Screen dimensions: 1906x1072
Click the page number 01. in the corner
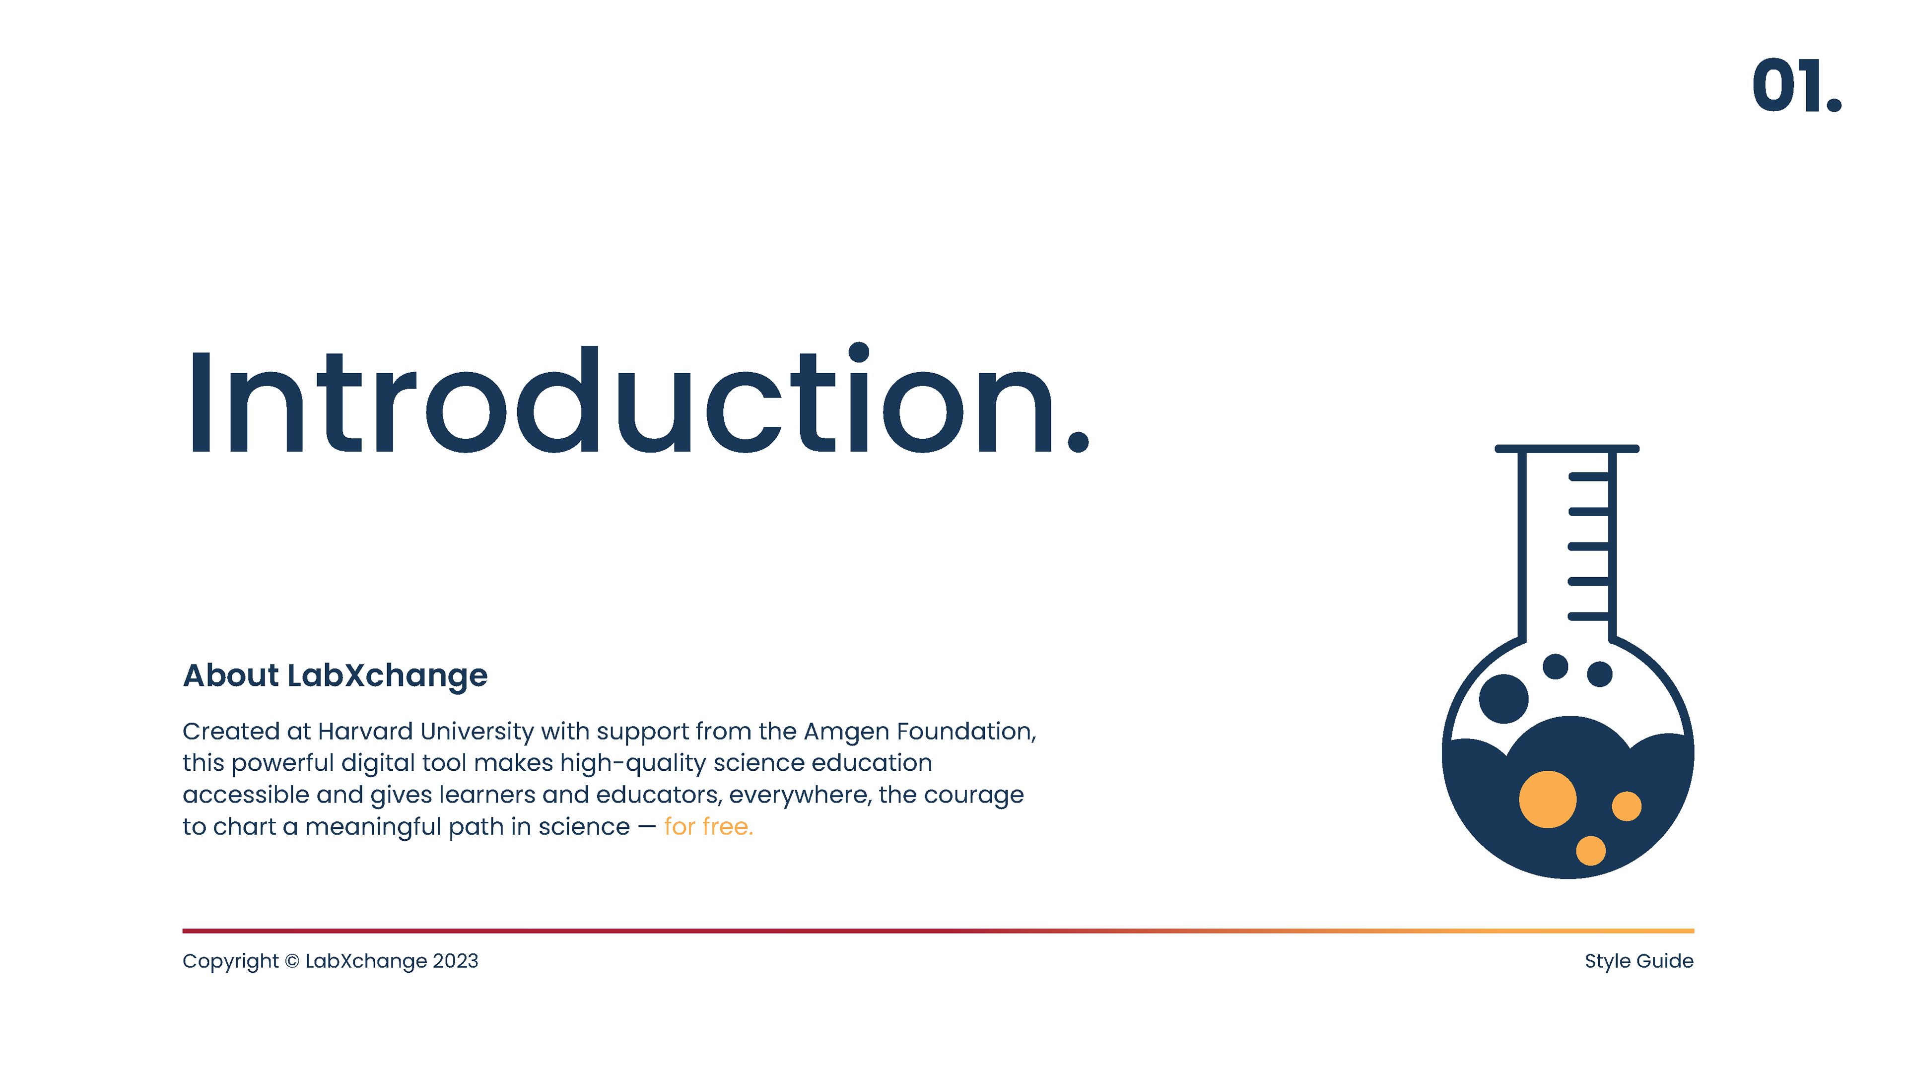tap(1796, 86)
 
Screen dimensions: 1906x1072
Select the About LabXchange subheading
tap(335, 675)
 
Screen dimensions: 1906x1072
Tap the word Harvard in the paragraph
tap(365, 731)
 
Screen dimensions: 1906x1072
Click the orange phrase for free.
tap(708, 826)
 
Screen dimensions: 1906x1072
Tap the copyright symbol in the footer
tap(292, 961)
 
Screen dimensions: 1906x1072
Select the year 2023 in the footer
tap(455, 961)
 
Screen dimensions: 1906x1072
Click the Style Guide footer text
tap(1639, 961)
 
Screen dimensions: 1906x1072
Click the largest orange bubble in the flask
tap(1548, 799)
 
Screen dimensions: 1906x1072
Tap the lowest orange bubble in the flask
tap(1591, 850)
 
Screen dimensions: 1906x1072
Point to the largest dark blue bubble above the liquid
tap(1503, 698)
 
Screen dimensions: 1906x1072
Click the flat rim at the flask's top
tap(1567, 448)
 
